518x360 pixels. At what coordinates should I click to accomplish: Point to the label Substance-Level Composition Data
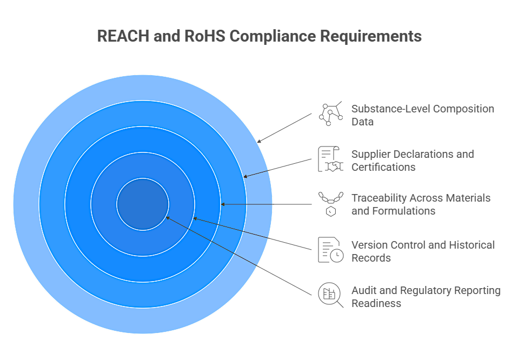(422, 115)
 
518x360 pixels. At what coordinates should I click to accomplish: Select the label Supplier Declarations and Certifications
(412, 161)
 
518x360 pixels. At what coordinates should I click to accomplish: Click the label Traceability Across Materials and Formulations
(421, 204)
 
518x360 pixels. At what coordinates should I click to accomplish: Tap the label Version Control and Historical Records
(422, 251)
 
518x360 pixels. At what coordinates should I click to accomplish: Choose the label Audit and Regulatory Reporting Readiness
(426, 297)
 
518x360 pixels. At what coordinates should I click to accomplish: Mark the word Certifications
(383, 167)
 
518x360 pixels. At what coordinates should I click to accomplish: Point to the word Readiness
(376, 303)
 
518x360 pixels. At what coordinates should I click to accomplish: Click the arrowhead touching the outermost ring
(260, 141)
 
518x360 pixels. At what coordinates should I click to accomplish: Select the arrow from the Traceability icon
(267, 204)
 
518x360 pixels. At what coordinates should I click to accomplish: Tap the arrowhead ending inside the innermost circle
(168, 217)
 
